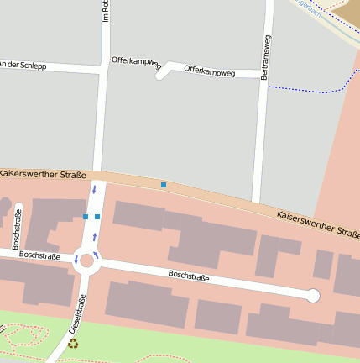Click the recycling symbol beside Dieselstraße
pos(73,343)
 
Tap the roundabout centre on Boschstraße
pos(87,260)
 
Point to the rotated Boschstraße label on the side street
pos(18,231)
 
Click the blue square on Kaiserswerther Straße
pos(164,184)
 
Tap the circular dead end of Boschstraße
pos(313,295)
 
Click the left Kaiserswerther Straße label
pos(42,174)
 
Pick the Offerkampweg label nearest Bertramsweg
pos(210,71)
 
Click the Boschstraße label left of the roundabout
pos(39,255)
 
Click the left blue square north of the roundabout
pos(86,217)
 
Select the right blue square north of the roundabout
pos(97,217)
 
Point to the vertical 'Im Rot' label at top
pos(106,11)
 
